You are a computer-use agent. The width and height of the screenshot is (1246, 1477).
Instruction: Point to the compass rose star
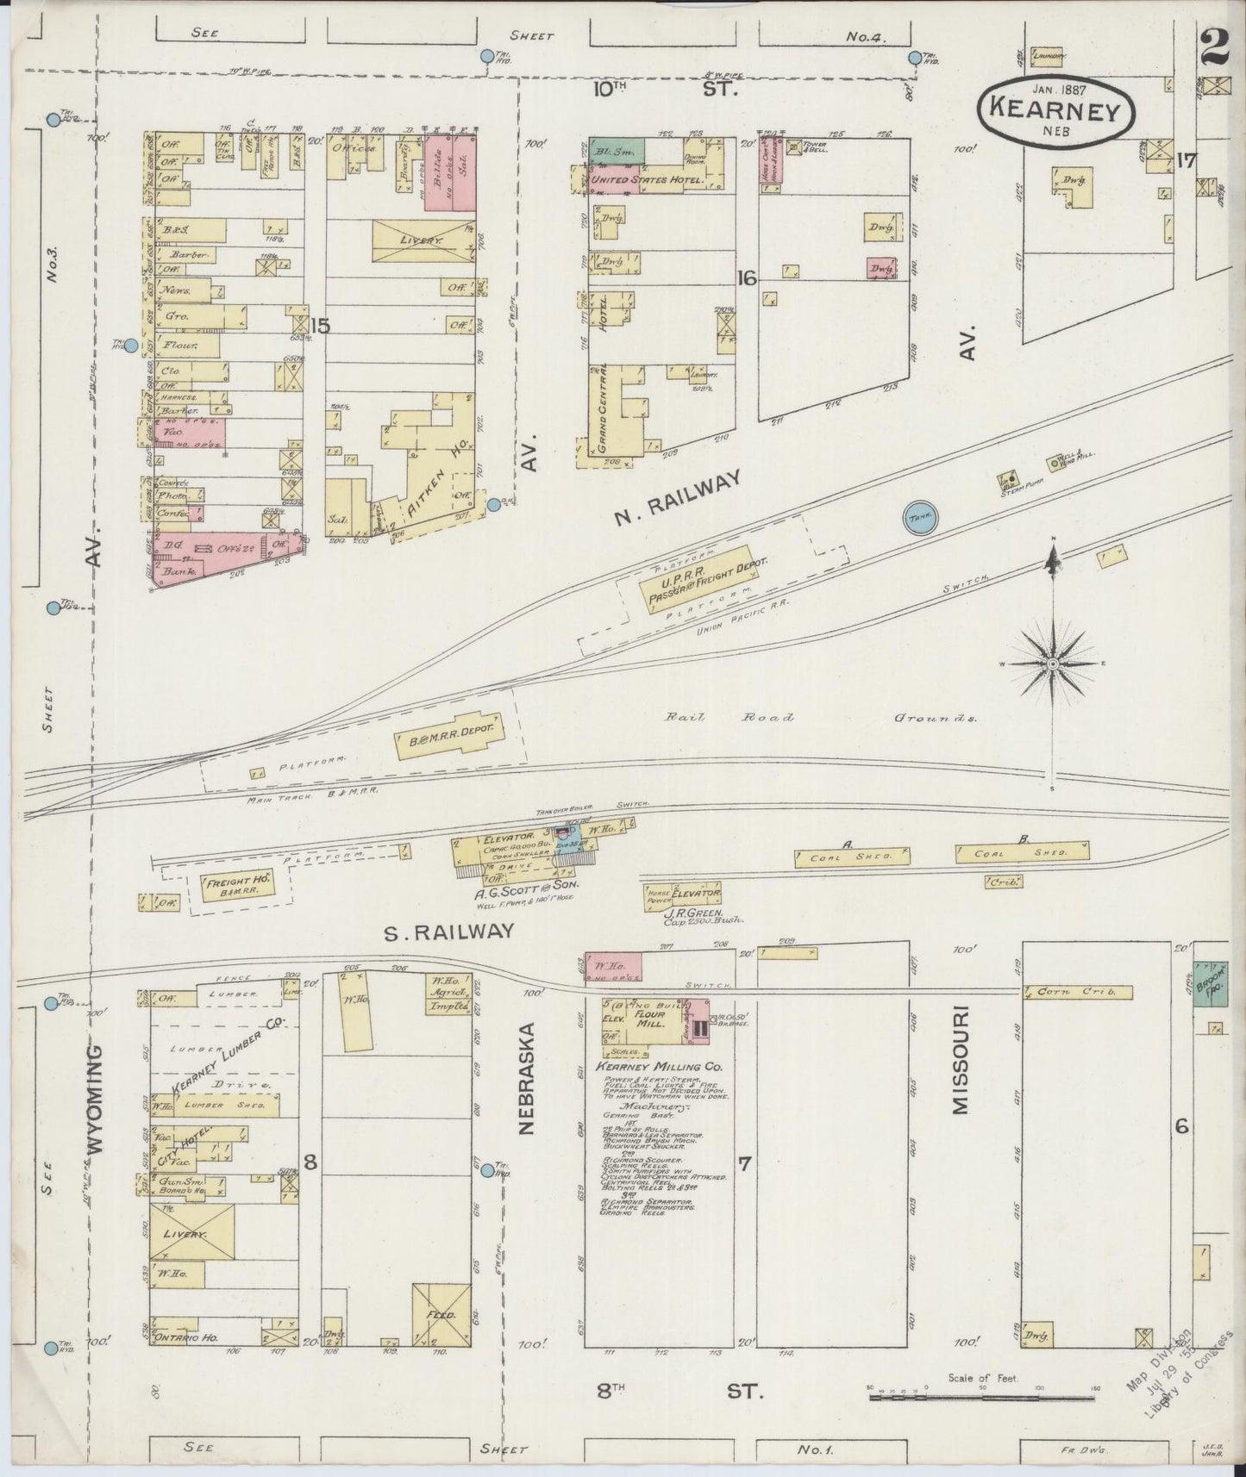(1052, 665)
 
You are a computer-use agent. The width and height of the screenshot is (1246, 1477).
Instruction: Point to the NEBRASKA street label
(528, 1077)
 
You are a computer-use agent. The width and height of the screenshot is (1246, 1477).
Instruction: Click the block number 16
(747, 277)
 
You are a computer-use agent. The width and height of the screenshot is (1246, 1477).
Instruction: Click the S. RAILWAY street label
(449, 931)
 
